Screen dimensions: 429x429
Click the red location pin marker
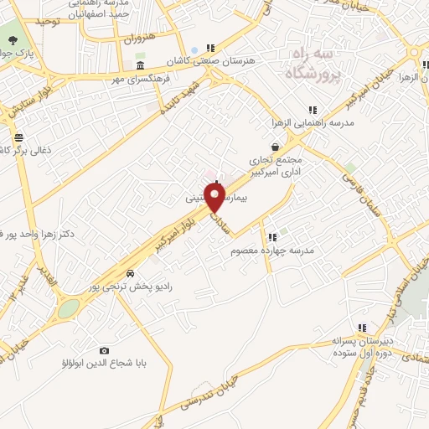215,198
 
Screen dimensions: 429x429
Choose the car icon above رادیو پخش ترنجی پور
130,274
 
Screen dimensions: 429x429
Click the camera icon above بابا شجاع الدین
105,350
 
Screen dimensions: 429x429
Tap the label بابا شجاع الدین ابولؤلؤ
104,364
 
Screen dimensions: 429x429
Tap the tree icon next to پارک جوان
10,39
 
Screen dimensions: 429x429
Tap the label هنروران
141,39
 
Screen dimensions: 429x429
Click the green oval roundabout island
68,308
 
